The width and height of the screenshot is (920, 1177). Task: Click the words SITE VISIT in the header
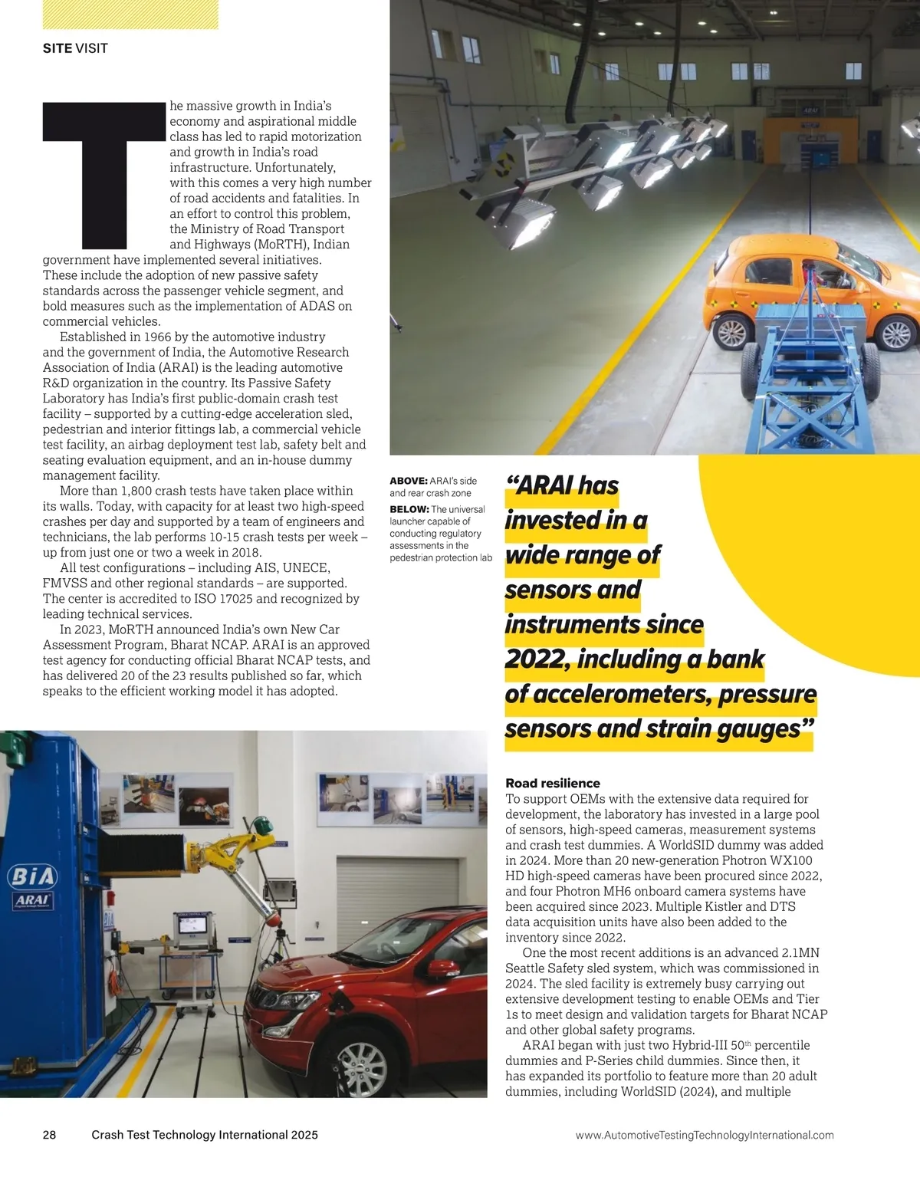[75, 48]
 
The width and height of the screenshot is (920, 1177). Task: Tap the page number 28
[49, 1135]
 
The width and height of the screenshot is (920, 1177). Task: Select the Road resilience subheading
[552, 783]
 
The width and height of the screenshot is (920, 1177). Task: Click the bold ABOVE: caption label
[408, 481]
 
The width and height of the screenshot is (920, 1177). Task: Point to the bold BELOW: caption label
[409, 509]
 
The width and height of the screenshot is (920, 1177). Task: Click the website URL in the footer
[704, 1135]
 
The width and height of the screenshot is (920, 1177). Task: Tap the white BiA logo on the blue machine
[31, 876]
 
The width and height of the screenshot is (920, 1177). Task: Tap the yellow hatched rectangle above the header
[130, 15]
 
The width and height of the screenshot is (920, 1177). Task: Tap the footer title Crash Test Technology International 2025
[204, 1135]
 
